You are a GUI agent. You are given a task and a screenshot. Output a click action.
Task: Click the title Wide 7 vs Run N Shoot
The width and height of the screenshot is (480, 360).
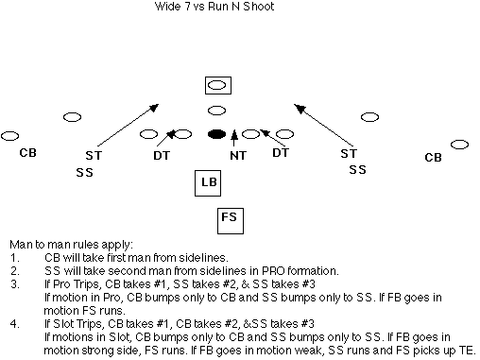214,7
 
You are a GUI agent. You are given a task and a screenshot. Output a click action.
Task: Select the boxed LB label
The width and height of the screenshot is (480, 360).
208,183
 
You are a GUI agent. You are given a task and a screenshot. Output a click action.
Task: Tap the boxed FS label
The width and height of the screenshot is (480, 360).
231,220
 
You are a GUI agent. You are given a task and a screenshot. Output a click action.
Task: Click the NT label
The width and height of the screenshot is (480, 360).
238,156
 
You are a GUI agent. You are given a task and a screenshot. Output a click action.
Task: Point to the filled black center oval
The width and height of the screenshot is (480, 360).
217,134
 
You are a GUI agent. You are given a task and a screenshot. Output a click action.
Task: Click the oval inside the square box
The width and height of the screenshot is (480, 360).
217,85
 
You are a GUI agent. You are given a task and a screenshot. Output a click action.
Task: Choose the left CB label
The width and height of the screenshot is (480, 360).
27,153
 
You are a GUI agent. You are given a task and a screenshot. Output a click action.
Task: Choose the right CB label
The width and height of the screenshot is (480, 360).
433,157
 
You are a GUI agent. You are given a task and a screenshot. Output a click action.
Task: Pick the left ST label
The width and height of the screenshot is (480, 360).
94,155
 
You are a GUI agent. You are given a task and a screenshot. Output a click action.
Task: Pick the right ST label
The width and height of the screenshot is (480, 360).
349,153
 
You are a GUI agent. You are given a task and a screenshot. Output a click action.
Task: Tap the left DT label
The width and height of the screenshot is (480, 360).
162,155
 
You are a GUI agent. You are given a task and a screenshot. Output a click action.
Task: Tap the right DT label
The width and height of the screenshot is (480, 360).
281,153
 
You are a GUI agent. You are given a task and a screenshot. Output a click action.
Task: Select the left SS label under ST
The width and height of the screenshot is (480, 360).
84,172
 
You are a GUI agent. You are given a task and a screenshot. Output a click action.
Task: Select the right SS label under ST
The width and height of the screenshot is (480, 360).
357,170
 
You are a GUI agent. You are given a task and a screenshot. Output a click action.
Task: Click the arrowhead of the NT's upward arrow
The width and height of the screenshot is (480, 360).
234,134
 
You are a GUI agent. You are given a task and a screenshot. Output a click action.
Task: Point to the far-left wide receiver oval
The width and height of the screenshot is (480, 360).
9,136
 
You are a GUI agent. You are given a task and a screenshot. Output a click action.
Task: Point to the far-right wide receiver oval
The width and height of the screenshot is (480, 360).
459,145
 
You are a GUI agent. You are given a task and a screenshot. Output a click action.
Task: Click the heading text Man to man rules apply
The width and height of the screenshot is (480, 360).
72,245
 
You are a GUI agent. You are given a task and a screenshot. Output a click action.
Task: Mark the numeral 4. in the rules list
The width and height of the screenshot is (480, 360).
15,324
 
